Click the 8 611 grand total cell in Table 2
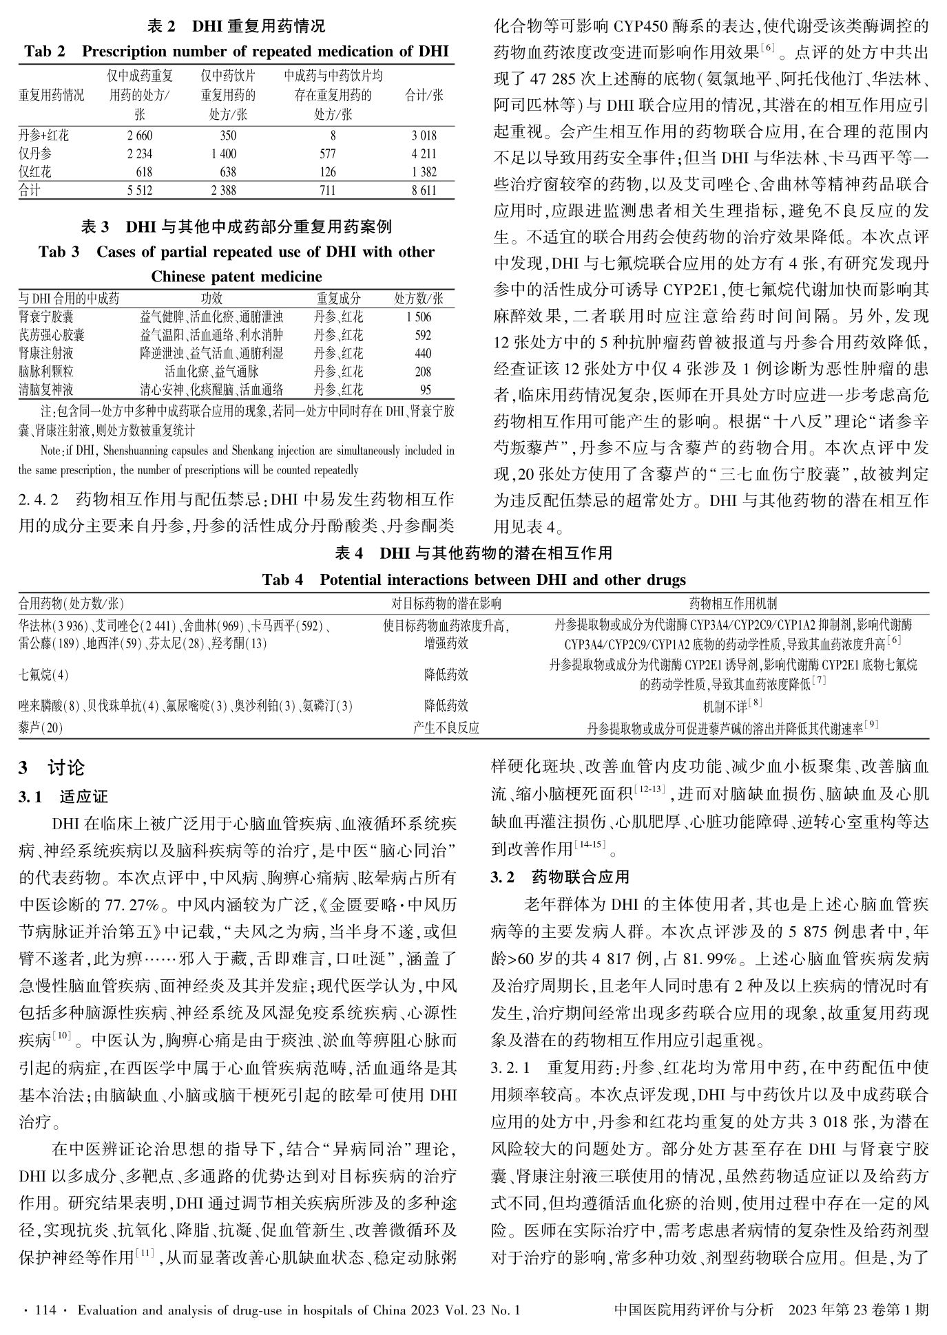tap(424, 191)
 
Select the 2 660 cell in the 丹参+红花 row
tap(140, 136)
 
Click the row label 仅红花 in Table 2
tap(35, 172)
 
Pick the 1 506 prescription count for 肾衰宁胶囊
tap(419, 317)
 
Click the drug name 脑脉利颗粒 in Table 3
tap(45, 372)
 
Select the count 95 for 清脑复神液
tap(425, 390)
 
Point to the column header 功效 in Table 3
tap(212, 299)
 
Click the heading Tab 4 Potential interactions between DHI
tap(473, 579)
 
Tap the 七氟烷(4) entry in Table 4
tap(43, 675)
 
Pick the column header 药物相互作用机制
tap(733, 604)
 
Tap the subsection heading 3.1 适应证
tap(63, 798)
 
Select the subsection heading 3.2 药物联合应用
tap(560, 877)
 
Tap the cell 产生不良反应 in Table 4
tap(446, 728)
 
